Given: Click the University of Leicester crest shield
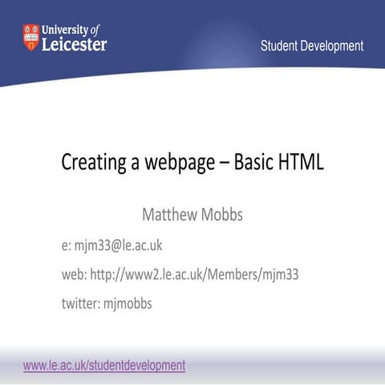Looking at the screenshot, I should pos(30,37).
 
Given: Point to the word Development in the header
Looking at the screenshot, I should pos(333,46).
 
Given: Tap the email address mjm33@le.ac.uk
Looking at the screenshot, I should pos(120,245).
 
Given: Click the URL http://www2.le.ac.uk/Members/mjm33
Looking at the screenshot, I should pos(194,274).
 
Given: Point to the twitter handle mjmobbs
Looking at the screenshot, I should pos(128,304).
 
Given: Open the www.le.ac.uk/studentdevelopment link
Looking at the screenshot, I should pos(104,365).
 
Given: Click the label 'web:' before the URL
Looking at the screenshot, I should pos(74,274).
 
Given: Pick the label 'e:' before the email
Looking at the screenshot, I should pos(67,245).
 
